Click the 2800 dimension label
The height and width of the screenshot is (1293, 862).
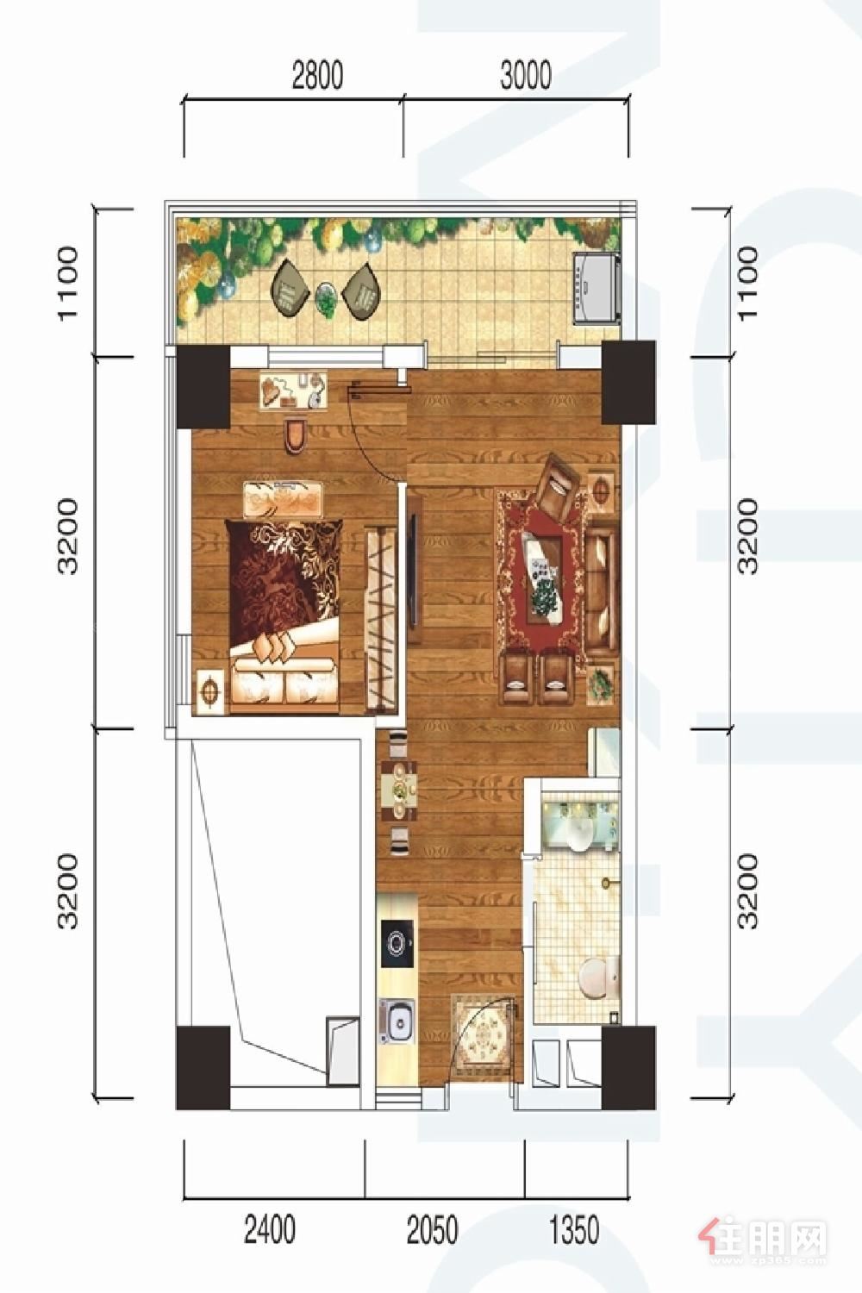(x=317, y=75)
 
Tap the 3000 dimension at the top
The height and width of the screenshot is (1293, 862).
(x=526, y=75)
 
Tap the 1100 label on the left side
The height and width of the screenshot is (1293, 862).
(x=67, y=282)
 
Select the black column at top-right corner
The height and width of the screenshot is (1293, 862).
(x=628, y=383)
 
